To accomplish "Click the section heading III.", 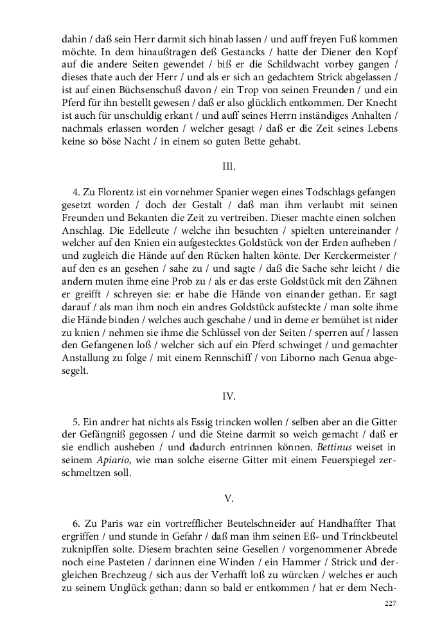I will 229,166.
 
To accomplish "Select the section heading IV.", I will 229,396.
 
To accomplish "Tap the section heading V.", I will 229,498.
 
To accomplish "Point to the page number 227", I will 390,603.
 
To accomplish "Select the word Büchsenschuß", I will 136,93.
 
